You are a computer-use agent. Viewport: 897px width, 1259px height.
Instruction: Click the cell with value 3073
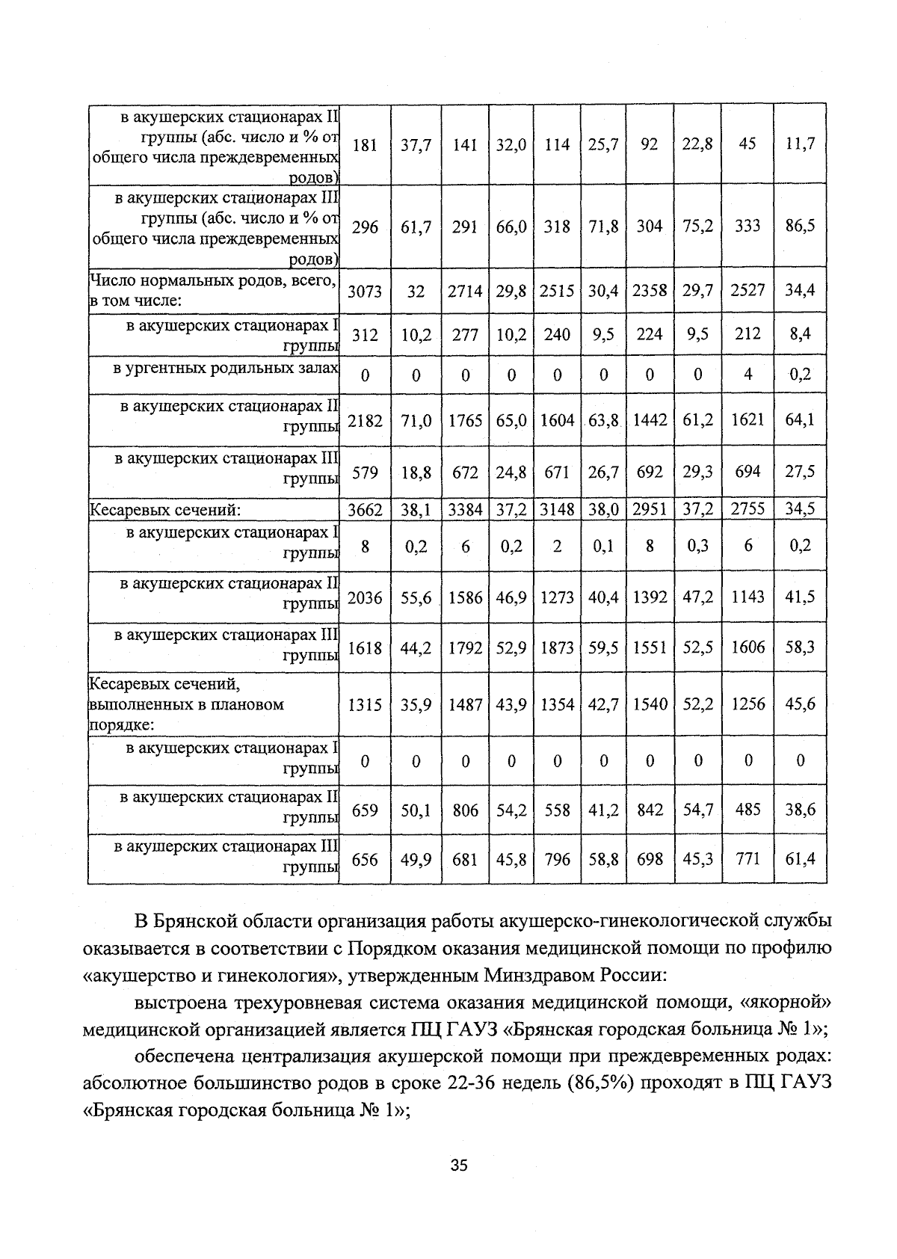pyautogui.click(x=365, y=291)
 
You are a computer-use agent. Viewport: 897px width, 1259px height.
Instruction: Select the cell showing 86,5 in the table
pyautogui.click(x=799, y=226)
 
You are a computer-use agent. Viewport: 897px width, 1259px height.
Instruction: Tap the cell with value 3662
pyautogui.click(x=365, y=510)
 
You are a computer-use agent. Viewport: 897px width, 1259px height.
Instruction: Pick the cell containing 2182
pyautogui.click(x=365, y=421)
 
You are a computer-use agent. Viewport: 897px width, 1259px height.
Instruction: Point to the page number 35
pyautogui.click(x=458, y=1165)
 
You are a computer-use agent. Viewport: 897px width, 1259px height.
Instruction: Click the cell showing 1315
pyautogui.click(x=365, y=704)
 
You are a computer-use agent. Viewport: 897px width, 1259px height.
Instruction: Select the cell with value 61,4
pyautogui.click(x=799, y=860)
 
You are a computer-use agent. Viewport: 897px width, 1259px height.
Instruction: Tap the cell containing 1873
pyautogui.click(x=557, y=647)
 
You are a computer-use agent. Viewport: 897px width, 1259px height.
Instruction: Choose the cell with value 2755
pyautogui.click(x=747, y=510)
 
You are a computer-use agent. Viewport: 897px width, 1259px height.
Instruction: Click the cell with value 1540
pyautogui.click(x=650, y=704)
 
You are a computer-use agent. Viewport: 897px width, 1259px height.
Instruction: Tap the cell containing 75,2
pyautogui.click(x=697, y=226)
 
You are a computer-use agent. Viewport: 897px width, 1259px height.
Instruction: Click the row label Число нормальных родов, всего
pyautogui.click(x=213, y=281)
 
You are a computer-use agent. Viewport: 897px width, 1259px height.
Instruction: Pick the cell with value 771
pyautogui.click(x=747, y=860)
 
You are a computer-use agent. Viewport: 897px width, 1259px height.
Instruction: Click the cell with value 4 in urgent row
pyautogui.click(x=747, y=374)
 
